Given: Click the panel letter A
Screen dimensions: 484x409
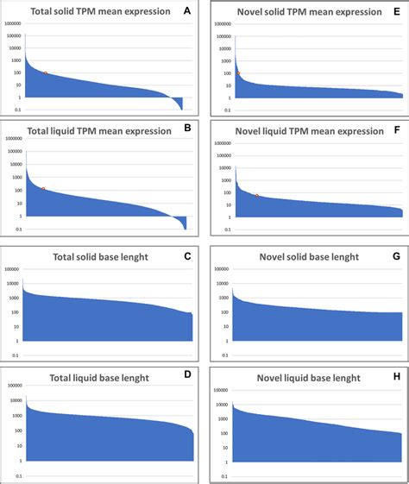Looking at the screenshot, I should pyautogui.click(x=187, y=11).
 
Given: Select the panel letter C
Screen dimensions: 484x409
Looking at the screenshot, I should pyautogui.click(x=187, y=257).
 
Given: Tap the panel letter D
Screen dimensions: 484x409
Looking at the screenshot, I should pyautogui.click(x=187, y=377).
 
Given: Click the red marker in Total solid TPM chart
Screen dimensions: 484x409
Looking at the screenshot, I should pyautogui.click(x=45, y=73).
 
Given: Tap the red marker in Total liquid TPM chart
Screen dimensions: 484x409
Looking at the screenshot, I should pyautogui.click(x=43, y=189).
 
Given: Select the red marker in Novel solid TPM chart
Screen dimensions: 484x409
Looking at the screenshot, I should pyautogui.click(x=237, y=74).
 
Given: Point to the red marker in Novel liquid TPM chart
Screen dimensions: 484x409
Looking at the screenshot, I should pyautogui.click(x=256, y=196).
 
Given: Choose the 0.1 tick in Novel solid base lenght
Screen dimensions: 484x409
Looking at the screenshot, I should pyautogui.click(x=223, y=355).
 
